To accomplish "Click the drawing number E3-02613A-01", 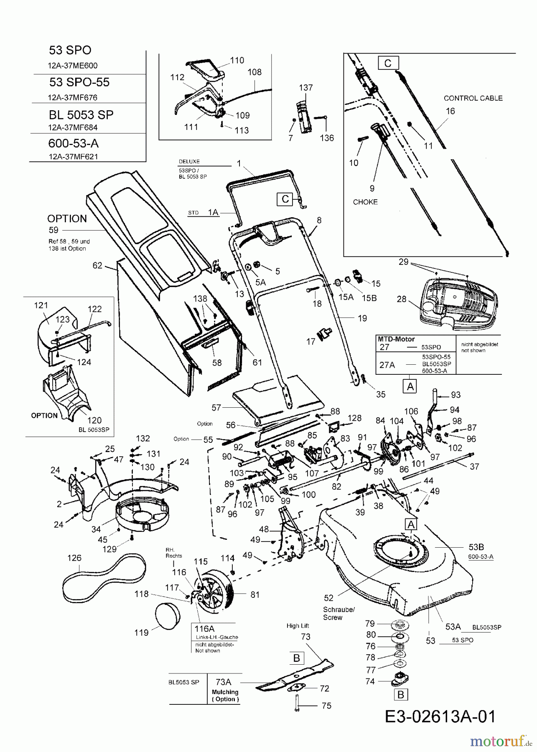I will (440, 716).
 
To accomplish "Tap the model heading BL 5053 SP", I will (81, 115).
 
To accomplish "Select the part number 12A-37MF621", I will (73, 157).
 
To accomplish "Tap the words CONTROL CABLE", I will (473, 98).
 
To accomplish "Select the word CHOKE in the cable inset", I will (365, 202).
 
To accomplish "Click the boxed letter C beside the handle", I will (285, 199).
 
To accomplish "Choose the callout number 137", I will (306, 88).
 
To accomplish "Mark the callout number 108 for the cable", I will (255, 72).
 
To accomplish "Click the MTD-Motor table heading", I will (396, 339).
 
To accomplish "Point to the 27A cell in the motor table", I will (387, 365).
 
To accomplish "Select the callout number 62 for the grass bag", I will (97, 265).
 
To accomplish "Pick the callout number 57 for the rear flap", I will (216, 407).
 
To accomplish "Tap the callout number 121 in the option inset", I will (41, 305).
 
